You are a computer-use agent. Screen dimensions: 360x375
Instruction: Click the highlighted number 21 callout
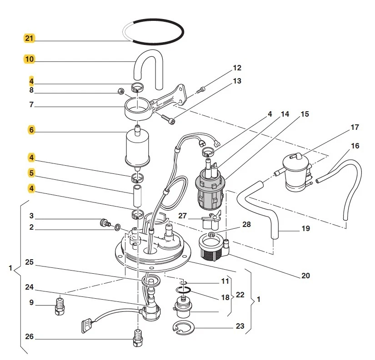29,38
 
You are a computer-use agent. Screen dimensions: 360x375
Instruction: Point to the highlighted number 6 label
31,130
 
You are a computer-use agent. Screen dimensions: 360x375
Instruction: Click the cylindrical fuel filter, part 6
137,147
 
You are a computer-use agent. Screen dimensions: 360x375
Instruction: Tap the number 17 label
355,128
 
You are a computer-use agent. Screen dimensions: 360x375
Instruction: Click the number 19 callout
305,228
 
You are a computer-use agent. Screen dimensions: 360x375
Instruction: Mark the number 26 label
29,337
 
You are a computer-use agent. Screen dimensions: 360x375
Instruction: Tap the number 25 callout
29,262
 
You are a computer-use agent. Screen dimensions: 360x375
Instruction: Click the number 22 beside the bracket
240,295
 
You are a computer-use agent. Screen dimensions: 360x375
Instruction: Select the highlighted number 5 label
31,173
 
